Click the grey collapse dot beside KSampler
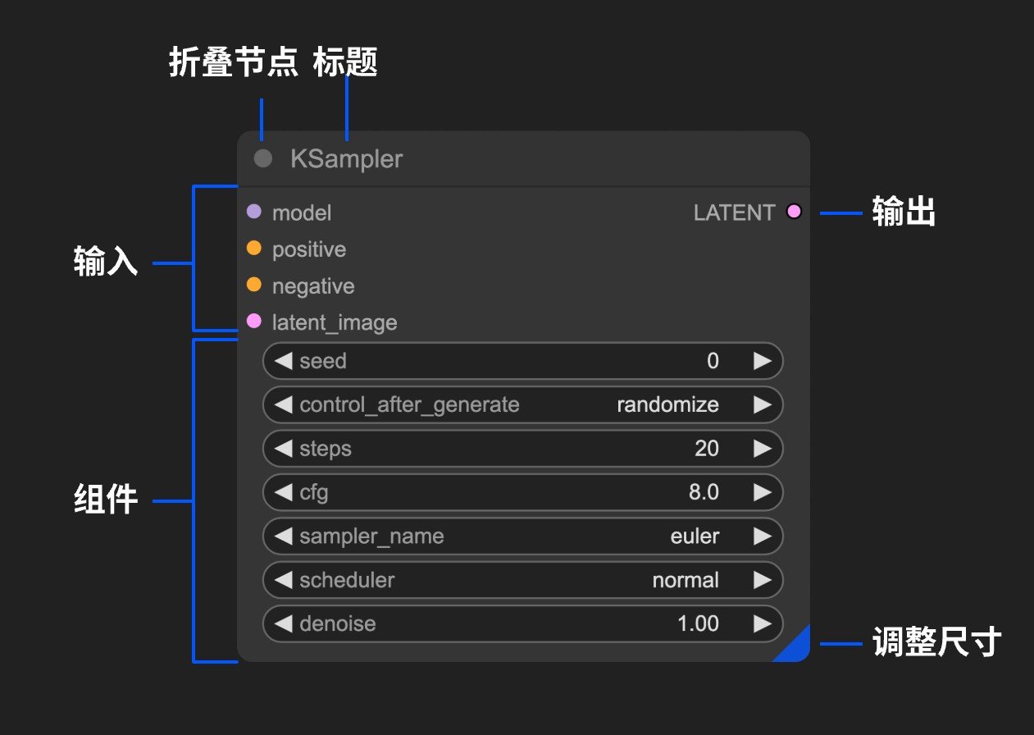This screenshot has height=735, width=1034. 263,158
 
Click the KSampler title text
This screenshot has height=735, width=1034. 347,159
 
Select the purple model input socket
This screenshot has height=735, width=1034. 254,212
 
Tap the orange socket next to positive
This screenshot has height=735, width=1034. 254,248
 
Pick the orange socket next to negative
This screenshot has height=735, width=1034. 254,285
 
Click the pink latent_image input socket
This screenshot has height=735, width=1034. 254,321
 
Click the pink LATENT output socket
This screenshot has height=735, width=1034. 794,212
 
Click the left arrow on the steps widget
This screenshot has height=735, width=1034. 284,448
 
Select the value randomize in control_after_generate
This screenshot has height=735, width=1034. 668,405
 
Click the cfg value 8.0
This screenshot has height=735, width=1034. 704,492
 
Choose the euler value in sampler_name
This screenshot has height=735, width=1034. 695,536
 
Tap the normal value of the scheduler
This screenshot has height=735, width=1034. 686,580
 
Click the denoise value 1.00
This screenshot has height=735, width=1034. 698,623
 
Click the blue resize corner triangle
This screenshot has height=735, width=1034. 798,650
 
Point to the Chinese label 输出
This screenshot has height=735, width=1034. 904,212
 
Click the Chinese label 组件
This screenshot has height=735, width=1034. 106,499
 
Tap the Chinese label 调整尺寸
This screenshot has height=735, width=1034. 936,641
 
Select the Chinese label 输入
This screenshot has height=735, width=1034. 106,261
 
